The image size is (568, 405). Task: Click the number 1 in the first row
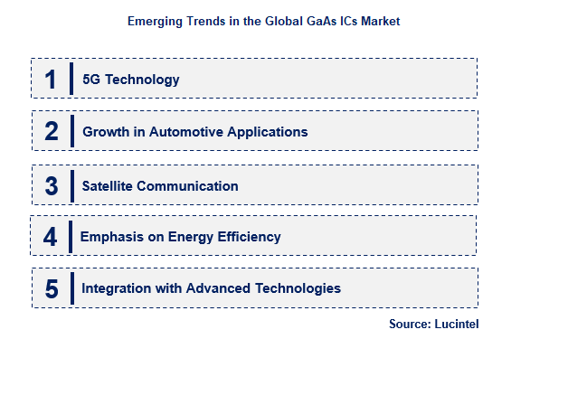click(51, 80)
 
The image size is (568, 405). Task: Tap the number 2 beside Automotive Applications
click(52, 132)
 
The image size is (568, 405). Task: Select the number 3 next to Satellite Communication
click(52, 186)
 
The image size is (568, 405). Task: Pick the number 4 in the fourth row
click(50, 237)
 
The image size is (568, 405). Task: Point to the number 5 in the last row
click(52, 289)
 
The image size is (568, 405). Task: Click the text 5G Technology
click(131, 80)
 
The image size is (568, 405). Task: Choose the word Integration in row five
click(116, 288)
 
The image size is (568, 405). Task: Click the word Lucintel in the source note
click(456, 325)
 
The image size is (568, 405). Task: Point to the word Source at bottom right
click(409, 325)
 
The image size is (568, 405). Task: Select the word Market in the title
click(379, 20)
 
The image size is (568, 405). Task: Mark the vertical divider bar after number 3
click(71, 185)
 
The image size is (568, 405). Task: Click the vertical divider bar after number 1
click(71, 79)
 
